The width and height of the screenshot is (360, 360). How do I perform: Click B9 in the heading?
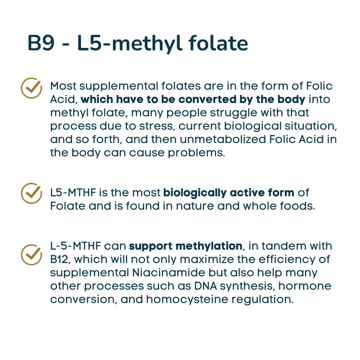point(42,44)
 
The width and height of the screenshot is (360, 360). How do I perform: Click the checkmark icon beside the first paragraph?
point(31,88)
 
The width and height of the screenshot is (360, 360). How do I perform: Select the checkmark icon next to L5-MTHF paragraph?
point(31,193)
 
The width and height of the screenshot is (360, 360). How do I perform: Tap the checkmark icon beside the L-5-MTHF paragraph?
point(31,254)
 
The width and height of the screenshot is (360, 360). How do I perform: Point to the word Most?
point(64,87)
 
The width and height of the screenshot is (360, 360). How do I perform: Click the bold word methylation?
point(209,246)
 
